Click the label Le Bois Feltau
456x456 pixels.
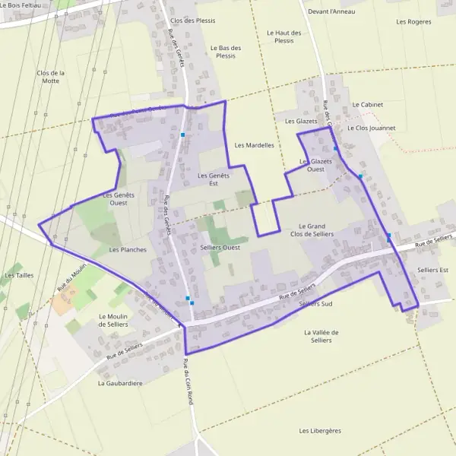(21, 5)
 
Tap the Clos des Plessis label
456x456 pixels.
(193, 21)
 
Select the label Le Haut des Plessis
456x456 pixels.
(284, 36)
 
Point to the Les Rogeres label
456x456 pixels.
(413, 21)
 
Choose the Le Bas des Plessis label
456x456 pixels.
(226, 52)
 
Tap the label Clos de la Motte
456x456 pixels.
(51, 77)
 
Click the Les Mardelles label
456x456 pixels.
(254, 144)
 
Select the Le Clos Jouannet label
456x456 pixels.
(371, 128)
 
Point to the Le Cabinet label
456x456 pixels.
(367, 104)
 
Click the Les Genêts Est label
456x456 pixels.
(213, 179)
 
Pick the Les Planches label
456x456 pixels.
(128, 249)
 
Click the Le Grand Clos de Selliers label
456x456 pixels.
(312, 230)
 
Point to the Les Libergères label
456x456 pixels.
(320, 430)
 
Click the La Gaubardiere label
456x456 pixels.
(120, 383)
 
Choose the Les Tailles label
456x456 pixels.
(19, 275)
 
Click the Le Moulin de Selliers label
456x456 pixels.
(112, 320)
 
